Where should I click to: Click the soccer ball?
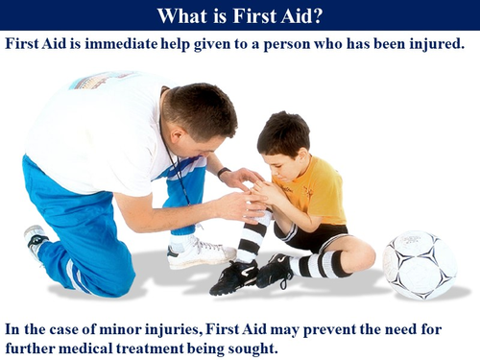pyautogui.click(x=420, y=264)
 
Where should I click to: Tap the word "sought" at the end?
pyautogui.click(x=252, y=348)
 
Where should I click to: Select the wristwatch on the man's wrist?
pyautogui.click(x=224, y=173)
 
